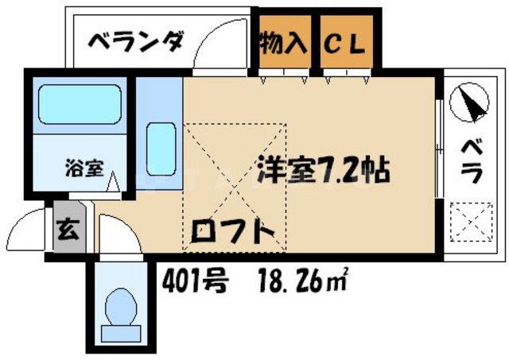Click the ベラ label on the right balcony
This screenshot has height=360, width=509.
coord(470,160)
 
